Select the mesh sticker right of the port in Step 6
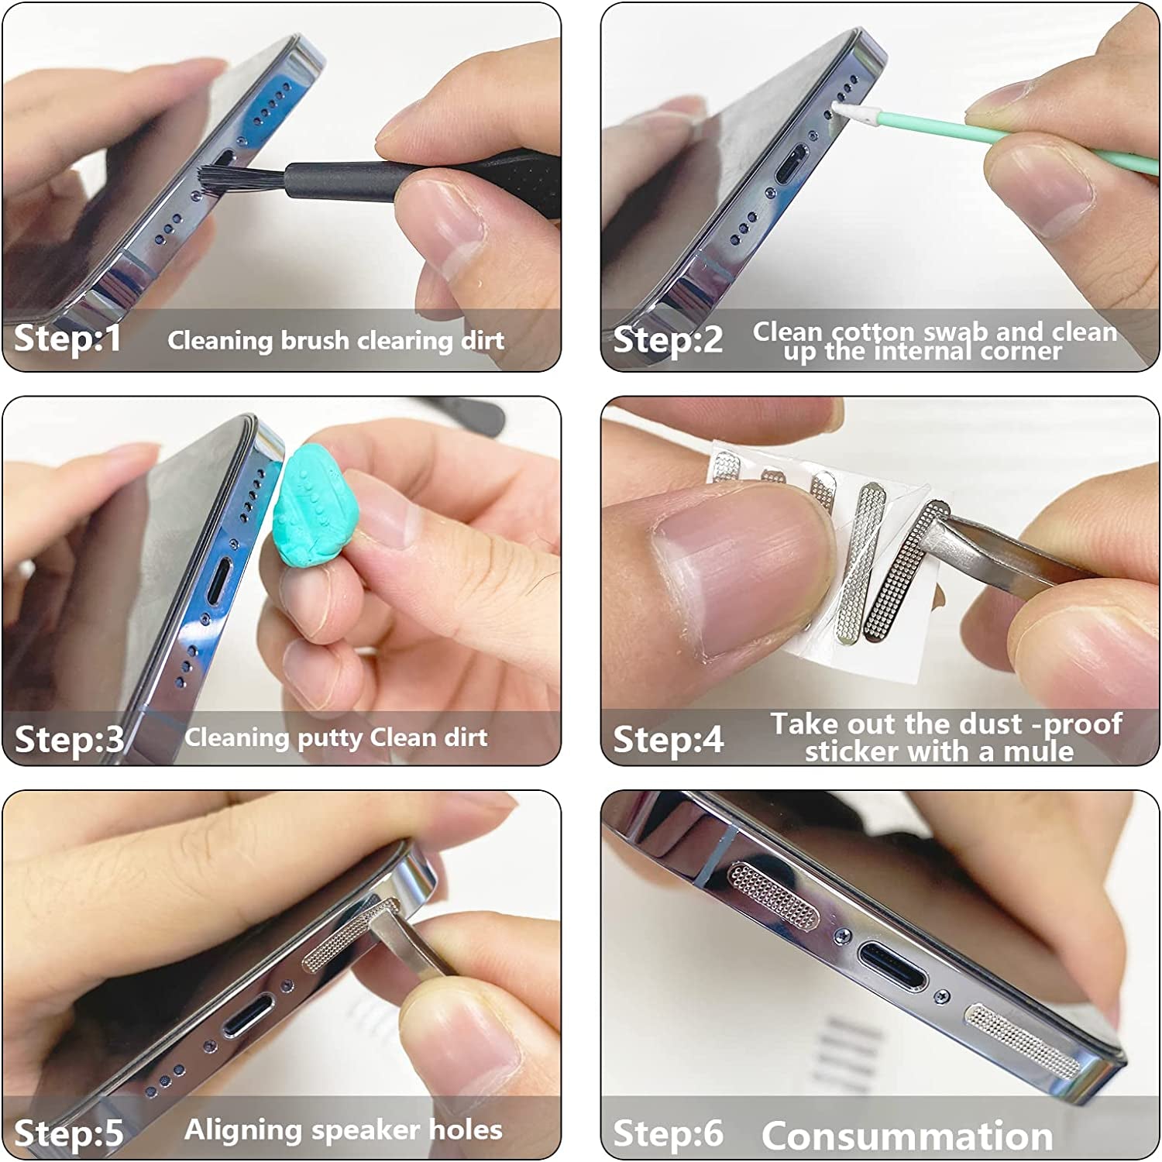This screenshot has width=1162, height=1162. (1022, 1039)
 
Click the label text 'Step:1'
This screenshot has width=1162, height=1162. (68, 339)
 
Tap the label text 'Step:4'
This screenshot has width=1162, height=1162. (668, 739)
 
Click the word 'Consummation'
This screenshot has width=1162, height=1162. (907, 1136)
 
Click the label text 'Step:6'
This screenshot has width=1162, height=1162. (668, 1133)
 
